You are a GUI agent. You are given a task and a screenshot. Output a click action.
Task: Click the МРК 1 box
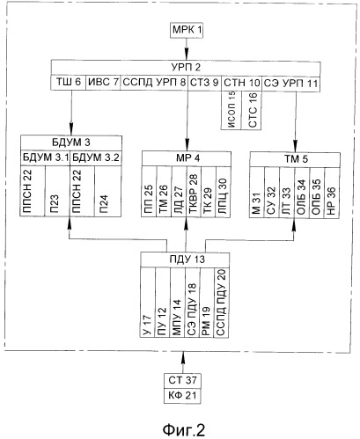click(x=187, y=30)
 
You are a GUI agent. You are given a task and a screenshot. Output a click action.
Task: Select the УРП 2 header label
click(x=186, y=68)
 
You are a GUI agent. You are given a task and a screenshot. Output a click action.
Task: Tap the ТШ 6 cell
click(x=69, y=83)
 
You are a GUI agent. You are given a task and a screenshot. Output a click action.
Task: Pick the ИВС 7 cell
click(x=103, y=83)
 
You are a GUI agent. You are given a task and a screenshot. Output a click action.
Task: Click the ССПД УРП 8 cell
click(x=154, y=83)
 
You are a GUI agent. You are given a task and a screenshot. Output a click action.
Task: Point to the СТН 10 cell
click(x=241, y=83)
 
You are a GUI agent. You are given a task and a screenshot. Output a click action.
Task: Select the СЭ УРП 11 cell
click(x=290, y=83)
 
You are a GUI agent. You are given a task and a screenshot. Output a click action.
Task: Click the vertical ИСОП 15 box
click(x=231, y=110)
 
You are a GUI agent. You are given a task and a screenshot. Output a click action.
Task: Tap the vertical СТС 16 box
click(x=252, y=110)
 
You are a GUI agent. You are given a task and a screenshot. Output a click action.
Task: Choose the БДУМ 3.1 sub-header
click(x=46, y=157)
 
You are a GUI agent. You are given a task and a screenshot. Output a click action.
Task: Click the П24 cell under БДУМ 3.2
click(x=107, y=191)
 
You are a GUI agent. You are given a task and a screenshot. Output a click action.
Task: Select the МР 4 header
click(x=187, y=158)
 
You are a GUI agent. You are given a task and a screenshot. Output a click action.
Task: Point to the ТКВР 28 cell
click(x=193, y=192)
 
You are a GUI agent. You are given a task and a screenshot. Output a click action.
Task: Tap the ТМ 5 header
click(x=295, y=159)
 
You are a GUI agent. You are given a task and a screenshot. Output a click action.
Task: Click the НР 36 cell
click(x=332, y=193)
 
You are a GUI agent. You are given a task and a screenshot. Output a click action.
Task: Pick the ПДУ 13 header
click(x=185, y=260)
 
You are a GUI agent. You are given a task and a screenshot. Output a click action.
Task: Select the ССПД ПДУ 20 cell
click(x=222, y=302)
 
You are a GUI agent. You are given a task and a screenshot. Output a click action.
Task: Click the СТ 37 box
click(x=182, y=380)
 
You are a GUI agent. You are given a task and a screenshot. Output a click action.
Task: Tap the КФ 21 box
click(x=182, y=395)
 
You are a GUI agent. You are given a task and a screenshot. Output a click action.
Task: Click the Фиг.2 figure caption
click(x=184, y=429)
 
